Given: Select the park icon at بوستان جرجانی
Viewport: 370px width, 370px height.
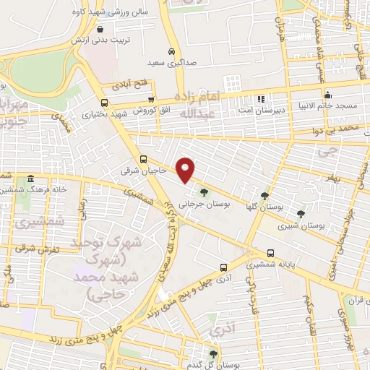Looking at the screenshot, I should click(x=203, y=192).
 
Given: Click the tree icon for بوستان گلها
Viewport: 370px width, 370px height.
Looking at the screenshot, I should click(x=265, y=195).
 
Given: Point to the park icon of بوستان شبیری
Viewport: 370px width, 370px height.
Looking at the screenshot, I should click(x=300, y=213).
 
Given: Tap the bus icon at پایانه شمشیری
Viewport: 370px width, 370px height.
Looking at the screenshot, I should click(x=270, y=253).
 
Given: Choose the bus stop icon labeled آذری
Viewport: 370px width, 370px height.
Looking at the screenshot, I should click(x=223, y=266).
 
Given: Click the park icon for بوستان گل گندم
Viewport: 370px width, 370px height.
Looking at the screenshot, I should click(x=212, y=353).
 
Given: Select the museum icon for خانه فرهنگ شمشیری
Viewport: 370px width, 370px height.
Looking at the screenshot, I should click(x=30, y=178).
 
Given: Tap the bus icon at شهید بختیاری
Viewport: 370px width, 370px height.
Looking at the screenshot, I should click(x=105, y=103).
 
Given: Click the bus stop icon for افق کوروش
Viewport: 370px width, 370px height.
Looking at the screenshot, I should click(x=150, y=100).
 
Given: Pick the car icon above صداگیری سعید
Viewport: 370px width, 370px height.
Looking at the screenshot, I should click(x=171, y=51).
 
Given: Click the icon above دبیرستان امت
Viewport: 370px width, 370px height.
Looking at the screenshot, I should click(x=261, y=98).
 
